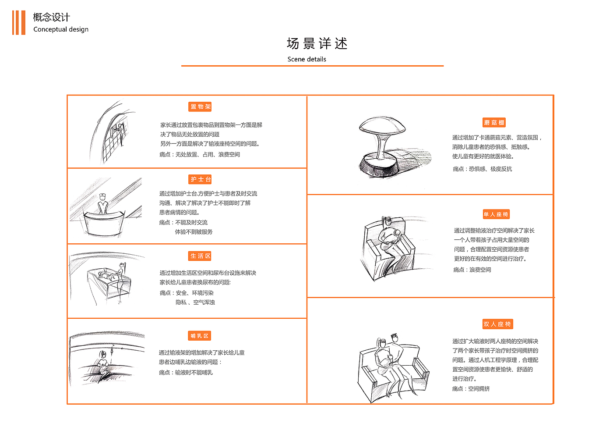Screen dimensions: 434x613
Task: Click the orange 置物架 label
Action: pyautogui.click(x=201, y=107)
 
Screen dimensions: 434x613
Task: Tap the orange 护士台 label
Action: pyautogui.click(x=201, y=179)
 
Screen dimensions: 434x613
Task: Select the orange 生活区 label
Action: pyautogui.click(x=201, y=256)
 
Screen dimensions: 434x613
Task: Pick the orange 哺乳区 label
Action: pyautogui.click(x=200, y=336)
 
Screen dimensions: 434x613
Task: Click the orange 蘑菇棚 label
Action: pyautogui.click(x=494, y=123)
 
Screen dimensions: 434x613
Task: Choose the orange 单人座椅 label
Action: pyautogui.click(x=496, y=214)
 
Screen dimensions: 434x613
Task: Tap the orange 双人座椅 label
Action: pyautogui.click(x=497, y=324)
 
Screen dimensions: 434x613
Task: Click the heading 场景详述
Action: pyautogui.click(x=317, y=44)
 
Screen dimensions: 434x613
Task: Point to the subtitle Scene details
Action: pyautogui.click(x=306, y=59)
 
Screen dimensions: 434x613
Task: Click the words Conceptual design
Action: pyautogui.click(x=61, y=29)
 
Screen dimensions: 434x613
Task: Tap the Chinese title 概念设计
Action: pyautogui.click(x=51, y=17)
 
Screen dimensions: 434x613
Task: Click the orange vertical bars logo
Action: pyautogui.click(x=18, y=23)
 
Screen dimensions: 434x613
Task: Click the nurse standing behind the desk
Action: pyautogui.click(x=103, y=204)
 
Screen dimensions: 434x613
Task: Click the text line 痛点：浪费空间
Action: pyautogui.click(x=472, y=270)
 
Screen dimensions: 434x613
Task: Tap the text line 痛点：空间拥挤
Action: pyautogui.click(x=471, y=389)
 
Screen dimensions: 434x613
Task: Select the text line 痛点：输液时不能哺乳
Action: pyautogui.click(x=186, y=373)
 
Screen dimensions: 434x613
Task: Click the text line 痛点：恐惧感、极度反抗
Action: pyautogui.click(x=482, y=169)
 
